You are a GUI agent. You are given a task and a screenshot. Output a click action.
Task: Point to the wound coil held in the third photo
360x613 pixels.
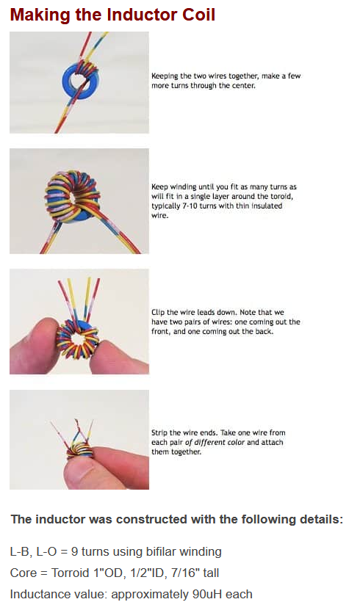coord(79,339)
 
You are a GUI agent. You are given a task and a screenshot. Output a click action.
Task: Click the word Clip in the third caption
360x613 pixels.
coord(158,312)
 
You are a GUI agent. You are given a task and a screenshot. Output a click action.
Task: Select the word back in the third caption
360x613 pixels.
coord(264,332)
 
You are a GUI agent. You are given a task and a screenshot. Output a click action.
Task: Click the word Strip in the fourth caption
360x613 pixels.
coord(159,433)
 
